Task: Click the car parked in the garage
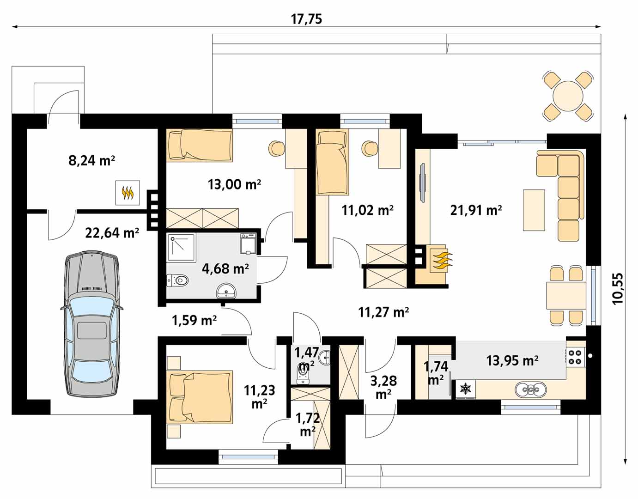(x=91, y=324)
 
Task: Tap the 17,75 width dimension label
(x=306, y=19)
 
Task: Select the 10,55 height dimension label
(x=617, y=289)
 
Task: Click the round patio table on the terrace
(x=568, y=96)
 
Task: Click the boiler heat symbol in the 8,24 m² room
(x=128, y=193)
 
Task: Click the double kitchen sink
(x=530, y=389)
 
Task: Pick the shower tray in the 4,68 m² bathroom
(x=181, y=248)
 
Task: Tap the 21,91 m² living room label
(x=476, y=210)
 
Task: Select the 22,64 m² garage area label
(x=112, y=233)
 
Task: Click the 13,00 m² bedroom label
(x=234, y=184)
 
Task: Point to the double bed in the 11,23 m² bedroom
(x=200, y=397)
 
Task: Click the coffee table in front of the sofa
(x=534, y=210)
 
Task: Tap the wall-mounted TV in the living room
(x=423, y=183)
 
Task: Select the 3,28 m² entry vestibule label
(x=383, y=387)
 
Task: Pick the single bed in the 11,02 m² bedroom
(x=332, y=162)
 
